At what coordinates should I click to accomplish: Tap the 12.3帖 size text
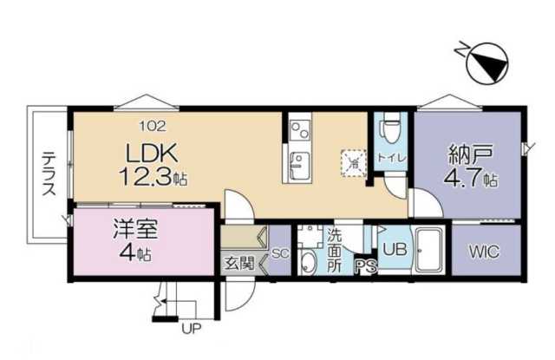click(153, 176)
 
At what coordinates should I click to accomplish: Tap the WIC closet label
click(484, 252)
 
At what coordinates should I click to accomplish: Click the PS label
click(364, 269)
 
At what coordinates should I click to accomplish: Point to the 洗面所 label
click(335, 250)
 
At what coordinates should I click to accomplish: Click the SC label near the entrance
click(279, 253)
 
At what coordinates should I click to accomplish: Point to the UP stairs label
click(190, 329)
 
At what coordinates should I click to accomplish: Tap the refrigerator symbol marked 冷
click(353, 160)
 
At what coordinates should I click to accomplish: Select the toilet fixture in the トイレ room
click(391, 130)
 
